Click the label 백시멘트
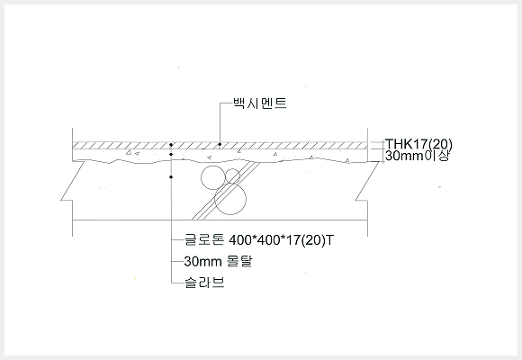(260, 103)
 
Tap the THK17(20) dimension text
(418, 144)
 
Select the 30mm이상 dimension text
(417, 156)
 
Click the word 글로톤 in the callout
(204, 239)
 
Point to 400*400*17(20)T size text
(281, 240)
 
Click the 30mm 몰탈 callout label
(218, 261)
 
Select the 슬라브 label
(204, 283)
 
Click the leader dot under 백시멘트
(220, 145)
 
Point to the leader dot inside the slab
(171, 177)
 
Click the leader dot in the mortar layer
(171, 155)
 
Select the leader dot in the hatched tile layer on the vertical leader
(171, 145)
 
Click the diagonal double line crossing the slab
(226, 191)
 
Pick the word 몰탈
(239, 261)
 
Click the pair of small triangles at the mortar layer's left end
(132, 153)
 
